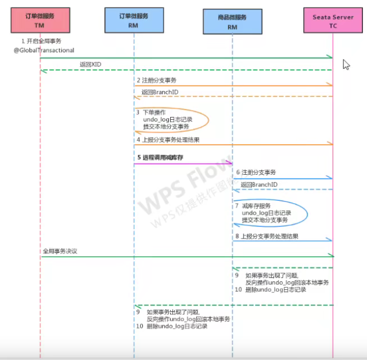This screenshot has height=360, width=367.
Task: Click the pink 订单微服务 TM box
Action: click(40, 21)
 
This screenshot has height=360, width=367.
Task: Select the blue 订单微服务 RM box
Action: click(133, 21)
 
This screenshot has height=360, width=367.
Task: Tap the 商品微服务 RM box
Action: click(232, 22)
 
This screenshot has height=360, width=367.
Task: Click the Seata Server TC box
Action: click(333, 21)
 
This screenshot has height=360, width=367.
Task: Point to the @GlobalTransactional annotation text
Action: click(44, 50)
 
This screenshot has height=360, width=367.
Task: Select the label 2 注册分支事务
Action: click(156, 80)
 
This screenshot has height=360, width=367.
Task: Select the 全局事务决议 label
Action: click(60, 252)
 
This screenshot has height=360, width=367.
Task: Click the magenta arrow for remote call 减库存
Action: click(182, 164)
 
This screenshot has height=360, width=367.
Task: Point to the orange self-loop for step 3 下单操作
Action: click(206, 119)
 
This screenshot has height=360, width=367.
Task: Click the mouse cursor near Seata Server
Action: click(346, 64)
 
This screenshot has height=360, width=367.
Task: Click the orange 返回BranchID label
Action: click(160, 92)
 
